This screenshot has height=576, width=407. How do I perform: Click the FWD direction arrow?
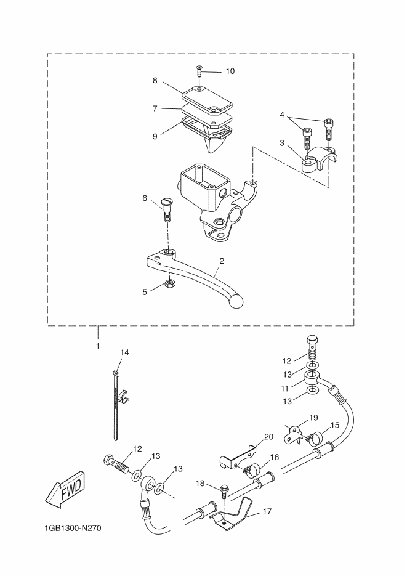point(65,488)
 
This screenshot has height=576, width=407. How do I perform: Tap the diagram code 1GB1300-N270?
point(72,529)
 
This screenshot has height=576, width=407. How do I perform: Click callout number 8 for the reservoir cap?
point(155,80)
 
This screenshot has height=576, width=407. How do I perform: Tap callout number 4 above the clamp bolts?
point(282,115)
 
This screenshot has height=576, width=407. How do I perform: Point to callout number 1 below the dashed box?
point(98,346)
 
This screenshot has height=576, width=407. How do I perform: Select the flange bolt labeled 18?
point(224,491)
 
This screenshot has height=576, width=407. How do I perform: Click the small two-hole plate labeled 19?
point(293,434)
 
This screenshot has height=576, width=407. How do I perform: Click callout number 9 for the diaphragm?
point(155,136)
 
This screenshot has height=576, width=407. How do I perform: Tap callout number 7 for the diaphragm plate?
point(155,109)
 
